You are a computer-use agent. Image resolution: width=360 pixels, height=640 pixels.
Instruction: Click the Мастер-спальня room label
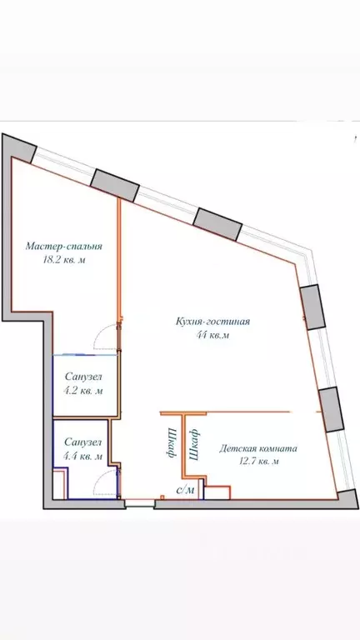(63, 247)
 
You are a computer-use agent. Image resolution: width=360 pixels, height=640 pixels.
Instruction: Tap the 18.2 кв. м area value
(63, 260)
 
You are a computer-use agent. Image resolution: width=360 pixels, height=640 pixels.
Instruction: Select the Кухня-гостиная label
(213, 322)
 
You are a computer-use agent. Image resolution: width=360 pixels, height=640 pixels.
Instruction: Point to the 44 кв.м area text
(213, 335)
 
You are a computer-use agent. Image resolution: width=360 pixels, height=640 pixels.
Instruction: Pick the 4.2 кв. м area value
(83, 389)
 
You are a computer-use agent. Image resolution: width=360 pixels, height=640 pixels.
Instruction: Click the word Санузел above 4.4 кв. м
(83, 442)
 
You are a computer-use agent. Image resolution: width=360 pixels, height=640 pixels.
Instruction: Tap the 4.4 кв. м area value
(83, 456)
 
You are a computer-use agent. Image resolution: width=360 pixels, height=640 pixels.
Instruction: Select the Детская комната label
(257, 448)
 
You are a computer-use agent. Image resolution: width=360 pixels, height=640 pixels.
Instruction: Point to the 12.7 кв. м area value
(257, 461)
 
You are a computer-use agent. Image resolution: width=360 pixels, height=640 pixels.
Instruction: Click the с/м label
(186, 489)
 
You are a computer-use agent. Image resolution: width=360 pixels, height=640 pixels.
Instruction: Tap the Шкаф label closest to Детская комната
(194, 445)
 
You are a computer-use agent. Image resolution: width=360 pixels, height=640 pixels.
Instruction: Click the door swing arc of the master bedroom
(106, 337)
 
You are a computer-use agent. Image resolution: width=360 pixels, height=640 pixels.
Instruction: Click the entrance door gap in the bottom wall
(139, 502)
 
